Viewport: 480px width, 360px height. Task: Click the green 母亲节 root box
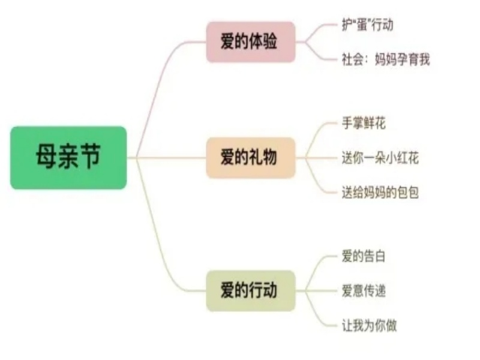[68, 158]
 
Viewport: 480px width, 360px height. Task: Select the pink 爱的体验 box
[251, 42]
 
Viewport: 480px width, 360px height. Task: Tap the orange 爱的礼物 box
[251, 158]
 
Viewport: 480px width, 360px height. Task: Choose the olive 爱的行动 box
[251, 290]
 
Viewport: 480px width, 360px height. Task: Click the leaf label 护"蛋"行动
[367, 25]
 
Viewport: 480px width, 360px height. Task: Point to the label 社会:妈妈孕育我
[386, 59]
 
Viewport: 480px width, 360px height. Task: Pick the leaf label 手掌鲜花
[364, 124]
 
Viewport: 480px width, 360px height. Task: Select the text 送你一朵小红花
[380, 158]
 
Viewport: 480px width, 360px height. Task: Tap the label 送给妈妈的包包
[380, 193]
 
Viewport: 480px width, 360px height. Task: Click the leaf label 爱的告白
[364, 256]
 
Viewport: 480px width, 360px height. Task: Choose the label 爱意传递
[364, 291]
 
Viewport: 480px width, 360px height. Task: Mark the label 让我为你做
[369, 325]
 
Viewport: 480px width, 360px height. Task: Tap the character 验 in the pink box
[269, 41]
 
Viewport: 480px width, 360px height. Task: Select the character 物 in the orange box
[269, 157]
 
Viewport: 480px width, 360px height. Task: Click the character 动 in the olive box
[269, 290]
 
